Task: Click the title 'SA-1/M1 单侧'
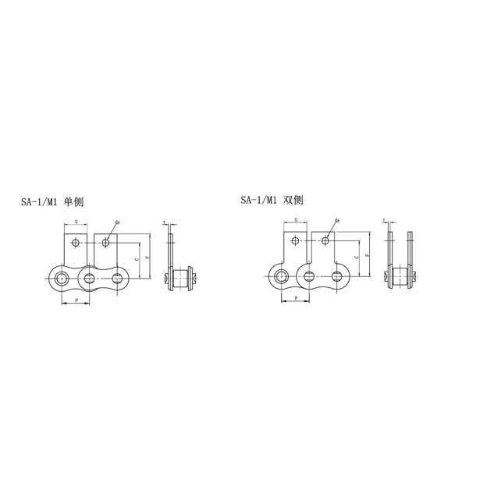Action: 52,202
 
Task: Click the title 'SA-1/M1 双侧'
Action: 272,201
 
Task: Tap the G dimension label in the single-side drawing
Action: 76,222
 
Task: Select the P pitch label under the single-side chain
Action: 76,300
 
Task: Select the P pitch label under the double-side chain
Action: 296,299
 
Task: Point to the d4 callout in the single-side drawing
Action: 117,222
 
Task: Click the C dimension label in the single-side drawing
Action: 136,258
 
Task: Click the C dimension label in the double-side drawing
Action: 356,257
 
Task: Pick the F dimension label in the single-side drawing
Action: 146,256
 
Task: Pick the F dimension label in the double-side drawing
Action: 366,254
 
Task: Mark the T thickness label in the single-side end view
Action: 165,223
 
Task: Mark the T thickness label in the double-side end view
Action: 385,222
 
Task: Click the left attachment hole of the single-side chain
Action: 75,243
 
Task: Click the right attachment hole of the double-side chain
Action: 325,240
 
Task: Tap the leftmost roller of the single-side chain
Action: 59,277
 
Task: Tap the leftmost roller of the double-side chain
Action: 279,275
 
